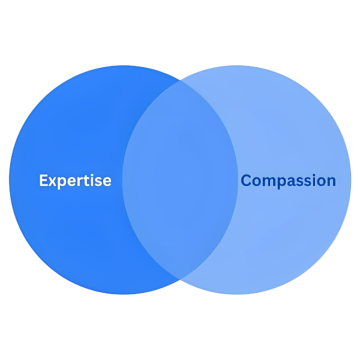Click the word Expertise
[x=75, y=180]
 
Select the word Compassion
[x=288, y=180]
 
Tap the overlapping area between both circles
[x=180, y=180]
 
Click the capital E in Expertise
[x=43, y=180]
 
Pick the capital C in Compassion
[x=246, y=180]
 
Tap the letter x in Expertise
[x=52, y=181]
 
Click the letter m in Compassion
[x=268, y=181]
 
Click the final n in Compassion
[x=331, y=181]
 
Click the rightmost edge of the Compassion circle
[x=353, y=179]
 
